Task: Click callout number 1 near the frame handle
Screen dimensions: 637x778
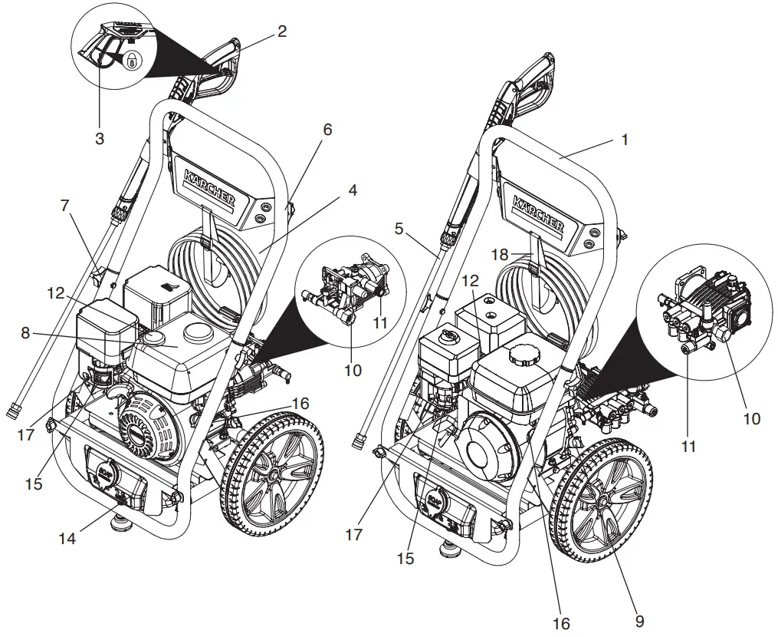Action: click(x=625, y=140)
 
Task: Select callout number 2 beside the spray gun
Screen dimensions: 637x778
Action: click(x=282, y=31)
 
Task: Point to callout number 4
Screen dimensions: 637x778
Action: click(x=352, y=189)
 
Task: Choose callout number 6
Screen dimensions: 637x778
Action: click(x=327, y=130)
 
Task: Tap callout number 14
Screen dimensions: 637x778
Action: click(x=67, y=539)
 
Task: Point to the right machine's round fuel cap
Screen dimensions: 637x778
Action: click(x=523, y=354)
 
